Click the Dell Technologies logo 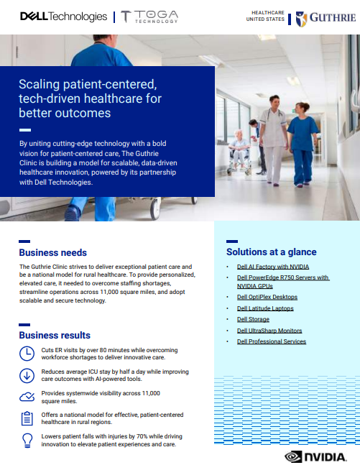click(63, 17)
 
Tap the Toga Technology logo click(149, 17)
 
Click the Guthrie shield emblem click(301, 19)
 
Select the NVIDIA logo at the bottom click(315, 456)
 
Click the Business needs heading click(52, 253)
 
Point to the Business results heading click(55, 335)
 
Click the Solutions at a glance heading click(272, 252)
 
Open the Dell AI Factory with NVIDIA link click(273, 267)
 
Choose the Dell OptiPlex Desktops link click(267, 297)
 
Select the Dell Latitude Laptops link click(265, 308)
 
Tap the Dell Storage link click(253, 319)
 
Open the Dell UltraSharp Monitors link click(269, 331)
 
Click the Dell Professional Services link click(272, 341)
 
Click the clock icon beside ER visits click(27, 354)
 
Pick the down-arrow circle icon click(27, 375)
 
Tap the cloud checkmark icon click(27, 397)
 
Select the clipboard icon click(27, 418)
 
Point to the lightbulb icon click(27, 441)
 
